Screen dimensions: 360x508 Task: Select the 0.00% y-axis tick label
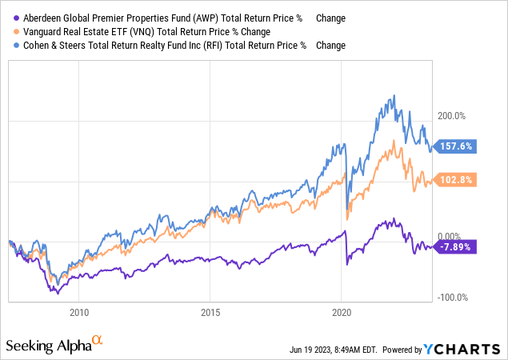pos(450,236)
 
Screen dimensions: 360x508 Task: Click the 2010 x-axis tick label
pos(78,313)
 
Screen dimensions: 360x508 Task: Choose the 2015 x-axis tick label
pos(210,313)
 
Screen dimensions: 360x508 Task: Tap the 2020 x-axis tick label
pos(342,313)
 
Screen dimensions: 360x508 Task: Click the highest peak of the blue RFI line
pos(393,97)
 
